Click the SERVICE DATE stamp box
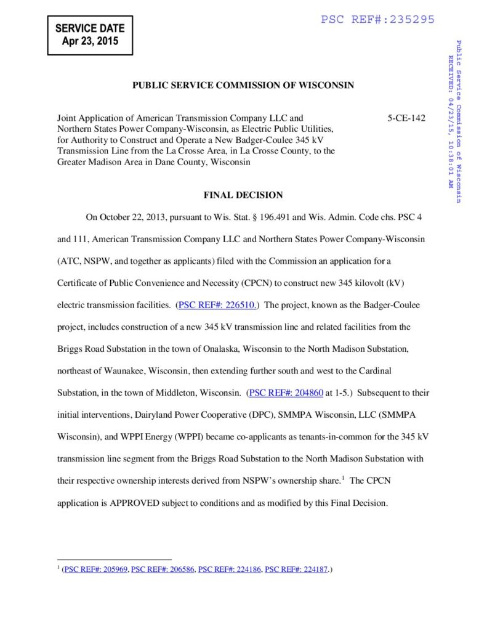[x=90, y=35]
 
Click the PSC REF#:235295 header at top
[x=377, y=20]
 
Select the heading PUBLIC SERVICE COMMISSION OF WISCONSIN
[x=243, y=85]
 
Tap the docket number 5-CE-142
[x=406, y=118]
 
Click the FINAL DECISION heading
[x=243, y=195]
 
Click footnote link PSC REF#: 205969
[x=95, y=570]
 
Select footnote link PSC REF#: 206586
[x=163, y=570]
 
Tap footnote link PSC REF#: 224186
[x=230, y=570]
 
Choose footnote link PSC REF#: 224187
[x=296, y=570]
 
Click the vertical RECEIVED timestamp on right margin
[x=451, y=122]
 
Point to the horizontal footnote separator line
[x=115, y=560]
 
